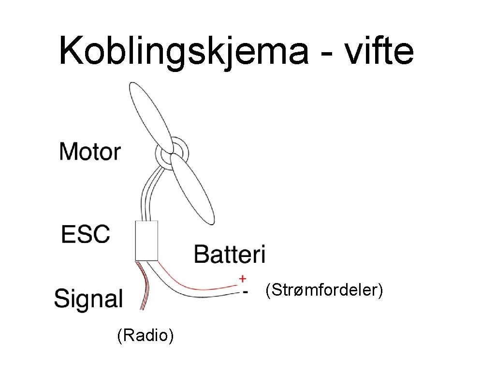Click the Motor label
coord(90,152)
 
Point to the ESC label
coord(86,234)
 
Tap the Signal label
coord(88,299)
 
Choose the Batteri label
coord(230,254)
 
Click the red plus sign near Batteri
coord(243,279)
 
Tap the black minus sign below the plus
coord(245,292)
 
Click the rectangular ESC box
coord(146,241)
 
